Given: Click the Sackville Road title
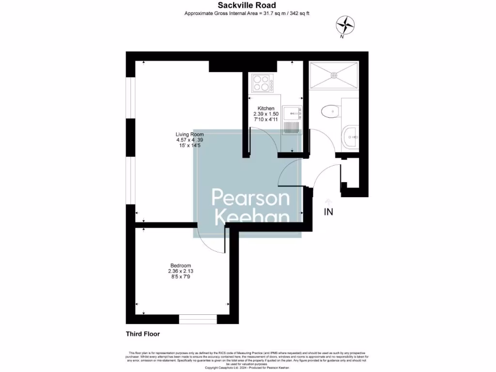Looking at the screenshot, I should click(247, 5).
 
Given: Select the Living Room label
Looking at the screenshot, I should click(189, 134).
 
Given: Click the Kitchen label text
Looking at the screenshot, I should click(266, 108).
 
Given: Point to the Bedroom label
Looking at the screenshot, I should click(180, 265).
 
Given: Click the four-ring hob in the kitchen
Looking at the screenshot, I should click(262, 83).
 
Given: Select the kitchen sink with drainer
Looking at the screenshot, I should click(292, 120).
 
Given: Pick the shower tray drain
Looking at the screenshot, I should click(334, 75).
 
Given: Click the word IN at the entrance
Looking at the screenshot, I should click(328, 212).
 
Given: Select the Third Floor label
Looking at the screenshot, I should click(143, 334).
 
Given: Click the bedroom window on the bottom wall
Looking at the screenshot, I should click(198, 319).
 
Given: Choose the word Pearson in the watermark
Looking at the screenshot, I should click(250, 198).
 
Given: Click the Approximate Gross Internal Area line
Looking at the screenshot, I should click(247, 13).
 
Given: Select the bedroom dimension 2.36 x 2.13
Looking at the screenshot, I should click(180, 271).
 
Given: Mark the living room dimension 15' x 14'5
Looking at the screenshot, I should click(189, 146).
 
